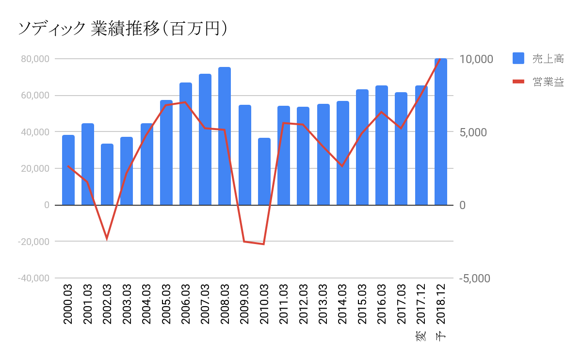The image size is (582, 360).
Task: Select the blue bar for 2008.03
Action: (225, 136)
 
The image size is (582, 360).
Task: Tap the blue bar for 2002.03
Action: (107, 174)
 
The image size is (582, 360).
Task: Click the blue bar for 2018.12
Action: (441, 131)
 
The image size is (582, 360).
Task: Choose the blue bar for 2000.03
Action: (68, 170)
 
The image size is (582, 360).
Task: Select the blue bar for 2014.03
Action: (343, 153)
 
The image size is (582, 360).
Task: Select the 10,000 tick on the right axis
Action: (476, 59)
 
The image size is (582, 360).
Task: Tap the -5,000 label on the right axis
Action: (476, 278)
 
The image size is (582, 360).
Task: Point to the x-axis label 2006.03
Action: (186, 304)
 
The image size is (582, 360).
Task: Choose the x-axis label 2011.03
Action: (284, 304)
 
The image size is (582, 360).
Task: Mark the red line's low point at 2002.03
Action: (107, 239)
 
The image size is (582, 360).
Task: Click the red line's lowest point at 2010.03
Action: (264, 244)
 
